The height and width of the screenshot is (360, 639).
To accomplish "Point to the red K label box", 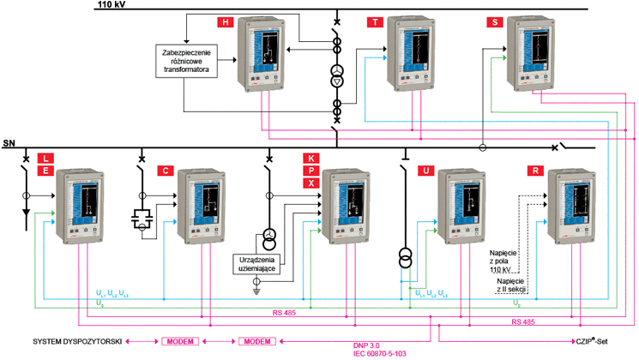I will [x=310, y=159].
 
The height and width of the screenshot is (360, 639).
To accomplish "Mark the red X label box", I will [x=310, y=184].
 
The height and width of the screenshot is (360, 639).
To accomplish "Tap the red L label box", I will [x=45, y=159].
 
